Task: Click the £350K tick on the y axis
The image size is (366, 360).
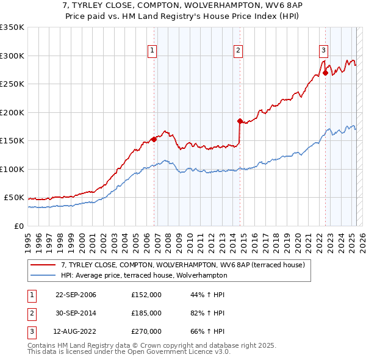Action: tap(12, 27)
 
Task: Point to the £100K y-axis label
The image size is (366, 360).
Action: tap(12, 169)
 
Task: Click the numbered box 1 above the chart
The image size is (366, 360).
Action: tap(152, 51)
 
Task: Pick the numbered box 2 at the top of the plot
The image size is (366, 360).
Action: tap(238, 51)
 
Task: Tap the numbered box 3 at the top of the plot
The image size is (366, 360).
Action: tap(323, 51)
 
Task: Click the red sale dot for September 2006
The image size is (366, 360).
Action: tap(154, 139)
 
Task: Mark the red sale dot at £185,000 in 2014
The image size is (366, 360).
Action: tap(240, 121)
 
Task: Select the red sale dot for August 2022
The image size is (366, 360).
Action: tap(325, 73)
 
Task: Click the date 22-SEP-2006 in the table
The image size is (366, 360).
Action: tap(76, 295)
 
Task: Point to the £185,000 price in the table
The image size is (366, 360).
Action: tap(146, 313)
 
